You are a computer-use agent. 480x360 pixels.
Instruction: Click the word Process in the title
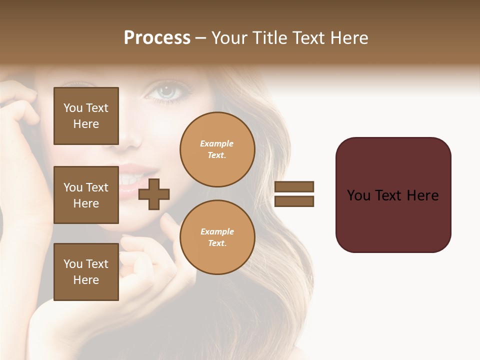[157, 38]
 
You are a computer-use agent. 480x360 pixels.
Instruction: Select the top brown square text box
[86, 116]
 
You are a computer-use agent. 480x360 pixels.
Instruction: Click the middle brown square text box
[86, 195]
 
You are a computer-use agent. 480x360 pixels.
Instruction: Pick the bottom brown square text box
[86, 272]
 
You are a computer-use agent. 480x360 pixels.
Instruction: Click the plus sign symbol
[154, 194]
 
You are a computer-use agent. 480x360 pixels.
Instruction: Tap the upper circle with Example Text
[217, 149]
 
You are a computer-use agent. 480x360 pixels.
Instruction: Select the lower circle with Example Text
[217, 237]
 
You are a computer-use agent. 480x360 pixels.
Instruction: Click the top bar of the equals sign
[294, 187]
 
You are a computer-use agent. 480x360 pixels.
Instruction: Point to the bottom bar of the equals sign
[294, 201]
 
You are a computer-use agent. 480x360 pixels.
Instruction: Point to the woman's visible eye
[167, 91]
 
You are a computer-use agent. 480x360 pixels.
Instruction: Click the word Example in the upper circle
[217, 143]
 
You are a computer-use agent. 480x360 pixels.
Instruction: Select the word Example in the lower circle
[217, 231]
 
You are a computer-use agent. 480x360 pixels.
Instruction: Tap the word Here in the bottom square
[86, 280]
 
